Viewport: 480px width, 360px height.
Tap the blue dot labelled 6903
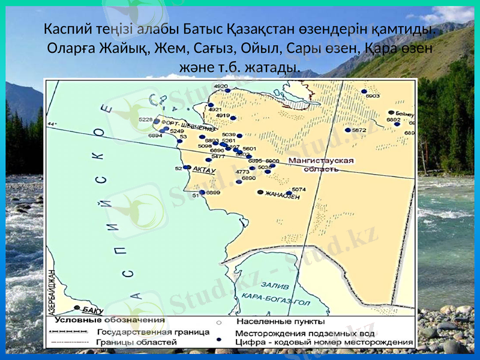click(364, 92)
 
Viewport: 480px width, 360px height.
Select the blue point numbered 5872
click(347, 130)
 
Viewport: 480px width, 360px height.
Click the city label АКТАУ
click(204, 170)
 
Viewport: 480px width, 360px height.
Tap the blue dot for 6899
click(202, 193)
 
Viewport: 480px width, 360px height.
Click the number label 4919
click(223, 115)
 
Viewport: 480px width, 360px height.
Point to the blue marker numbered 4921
click(211, 105)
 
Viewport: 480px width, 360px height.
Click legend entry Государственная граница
click(152, 331)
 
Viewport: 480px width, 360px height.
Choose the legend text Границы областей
click(137, 342)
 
